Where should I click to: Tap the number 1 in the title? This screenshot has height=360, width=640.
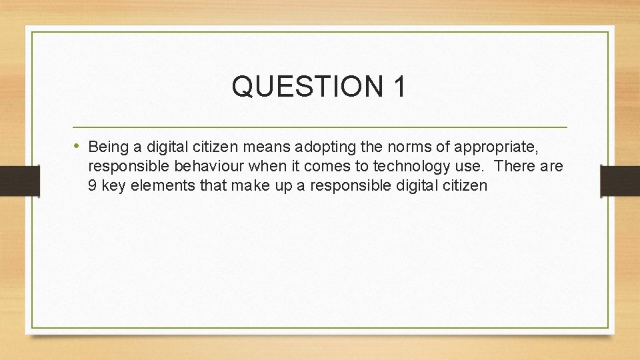[x=398, y=87]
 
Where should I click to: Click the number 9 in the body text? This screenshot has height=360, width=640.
[x=93, y=185]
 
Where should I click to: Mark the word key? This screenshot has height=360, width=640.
[x=113, y=185]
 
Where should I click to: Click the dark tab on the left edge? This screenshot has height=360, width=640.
[x=19, y=180]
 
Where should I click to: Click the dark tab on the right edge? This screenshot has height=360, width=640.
[x=620, y=180]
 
